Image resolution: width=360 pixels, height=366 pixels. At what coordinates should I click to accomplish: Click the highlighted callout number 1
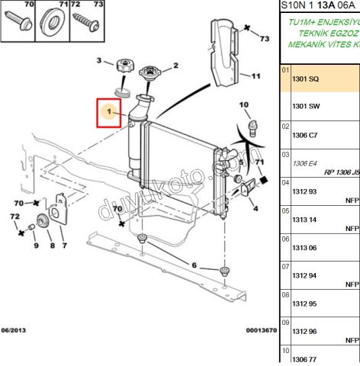(109, 114)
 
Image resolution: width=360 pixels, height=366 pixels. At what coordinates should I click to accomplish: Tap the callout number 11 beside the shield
(256, 75)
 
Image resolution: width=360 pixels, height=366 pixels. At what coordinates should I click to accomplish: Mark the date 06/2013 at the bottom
(14, 330)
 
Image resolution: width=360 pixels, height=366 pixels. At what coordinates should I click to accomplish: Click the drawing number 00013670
(262, 330)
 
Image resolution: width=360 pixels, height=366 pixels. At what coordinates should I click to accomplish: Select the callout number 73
(265, 37)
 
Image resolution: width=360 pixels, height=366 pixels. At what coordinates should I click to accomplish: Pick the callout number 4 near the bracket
(255, 207)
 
